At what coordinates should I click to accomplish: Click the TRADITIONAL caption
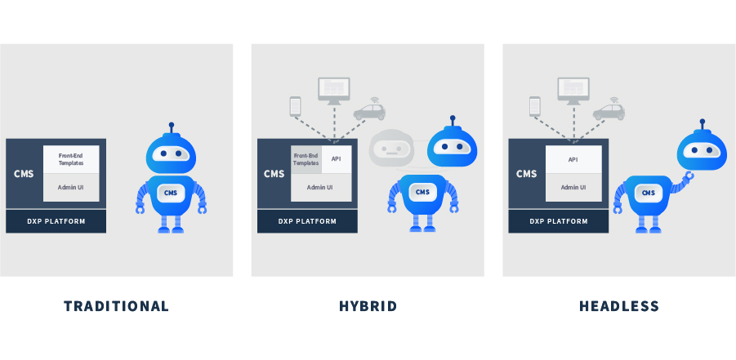(117, 306)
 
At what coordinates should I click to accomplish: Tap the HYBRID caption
(368, 306)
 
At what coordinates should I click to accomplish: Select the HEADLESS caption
(619, 306)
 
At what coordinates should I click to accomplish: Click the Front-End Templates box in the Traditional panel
(71, 159)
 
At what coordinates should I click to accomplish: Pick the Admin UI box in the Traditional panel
(71, 188)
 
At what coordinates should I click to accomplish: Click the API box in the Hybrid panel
(337, 159)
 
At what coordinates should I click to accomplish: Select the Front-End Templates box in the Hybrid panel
(306, 159)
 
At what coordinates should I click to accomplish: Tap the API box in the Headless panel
(573, 159)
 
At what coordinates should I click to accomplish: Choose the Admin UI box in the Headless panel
(573, 188)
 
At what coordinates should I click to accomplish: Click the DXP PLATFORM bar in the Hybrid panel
(307, 221)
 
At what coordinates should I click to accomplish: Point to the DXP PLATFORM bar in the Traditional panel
(56, 221)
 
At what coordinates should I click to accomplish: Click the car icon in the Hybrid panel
(370, 111)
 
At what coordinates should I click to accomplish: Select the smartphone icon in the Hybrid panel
(295, 107)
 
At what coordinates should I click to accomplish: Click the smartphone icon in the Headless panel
(534, 107)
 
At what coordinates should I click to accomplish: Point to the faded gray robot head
(391, 149)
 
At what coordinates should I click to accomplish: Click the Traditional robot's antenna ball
(171, 125)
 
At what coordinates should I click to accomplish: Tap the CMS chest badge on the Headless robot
(649, 193)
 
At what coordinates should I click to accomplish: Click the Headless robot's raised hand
(689, 177)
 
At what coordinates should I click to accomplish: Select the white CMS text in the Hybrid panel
(274, 174)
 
